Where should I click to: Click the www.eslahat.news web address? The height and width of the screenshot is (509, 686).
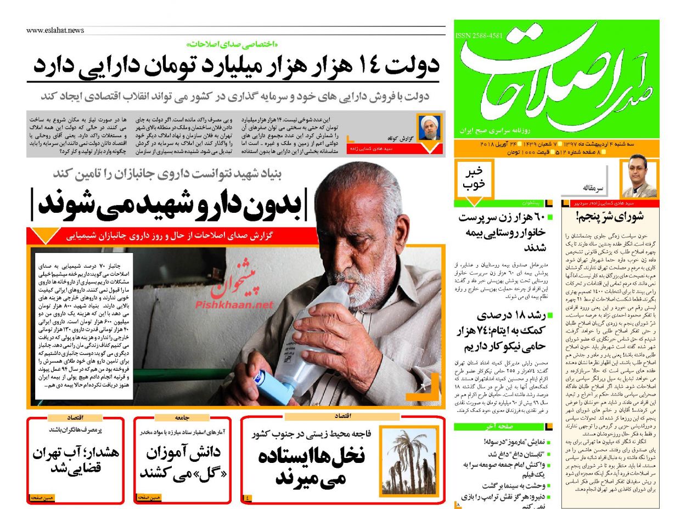[x=55, y=31]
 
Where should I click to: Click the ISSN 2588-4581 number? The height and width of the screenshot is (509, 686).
[x=479, y=36]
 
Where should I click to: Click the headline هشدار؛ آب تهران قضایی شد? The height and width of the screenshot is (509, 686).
[x=75, y=461]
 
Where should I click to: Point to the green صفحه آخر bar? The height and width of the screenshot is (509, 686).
[x=497, y=427]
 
